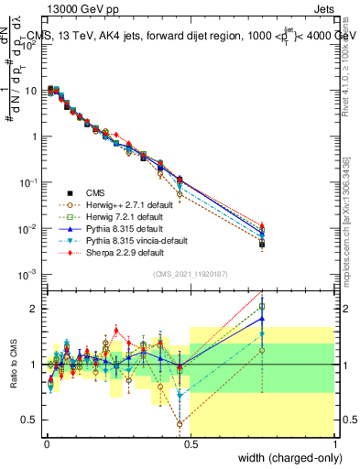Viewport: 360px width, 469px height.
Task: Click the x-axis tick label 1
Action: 335,442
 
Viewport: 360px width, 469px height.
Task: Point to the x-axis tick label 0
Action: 46,442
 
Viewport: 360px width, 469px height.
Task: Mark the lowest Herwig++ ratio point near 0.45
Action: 180,424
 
